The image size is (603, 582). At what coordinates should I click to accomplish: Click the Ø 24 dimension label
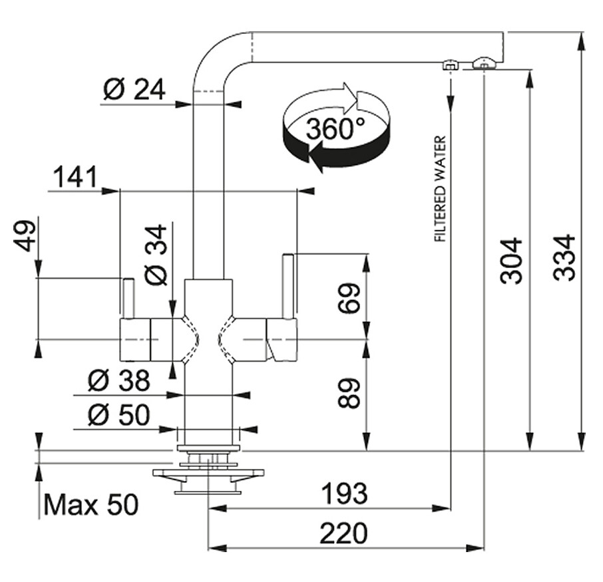pyautogui.click(x=134, y=90)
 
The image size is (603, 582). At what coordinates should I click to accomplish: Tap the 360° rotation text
pyautogui.click(x=335, y=128)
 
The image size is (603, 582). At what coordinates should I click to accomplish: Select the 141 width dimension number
pyautogui.click(x=75, y=177)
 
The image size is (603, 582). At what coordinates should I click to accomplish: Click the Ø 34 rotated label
pyautogui.click(x=156, y=255)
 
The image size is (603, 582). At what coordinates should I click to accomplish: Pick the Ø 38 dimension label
pyautogui.click(x=119, y=380)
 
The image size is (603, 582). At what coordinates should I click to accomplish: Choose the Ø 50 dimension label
pyautogui.click(x=119, y=415)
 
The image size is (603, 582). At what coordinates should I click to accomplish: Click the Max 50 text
pyautogui.click(x=91, y=504)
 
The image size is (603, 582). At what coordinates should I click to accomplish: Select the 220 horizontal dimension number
pyautogui.click(x=343, y=533)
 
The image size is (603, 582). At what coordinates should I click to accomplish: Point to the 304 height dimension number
pyautogui.click(x=511, y=261)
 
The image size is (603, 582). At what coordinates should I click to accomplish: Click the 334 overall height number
pyautogui.click(x=564, y=257)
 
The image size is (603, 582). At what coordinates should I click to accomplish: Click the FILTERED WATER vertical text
pyautogui.click(x=440, y=188)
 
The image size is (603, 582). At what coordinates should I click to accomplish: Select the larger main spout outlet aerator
pyautogui.click(x=484, y=63)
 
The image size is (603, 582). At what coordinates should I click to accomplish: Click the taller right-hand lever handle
pyautogui.click(x=288, y=286)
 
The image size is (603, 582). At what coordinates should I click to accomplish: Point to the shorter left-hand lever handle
pyautogui.click(x=128, y=297)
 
